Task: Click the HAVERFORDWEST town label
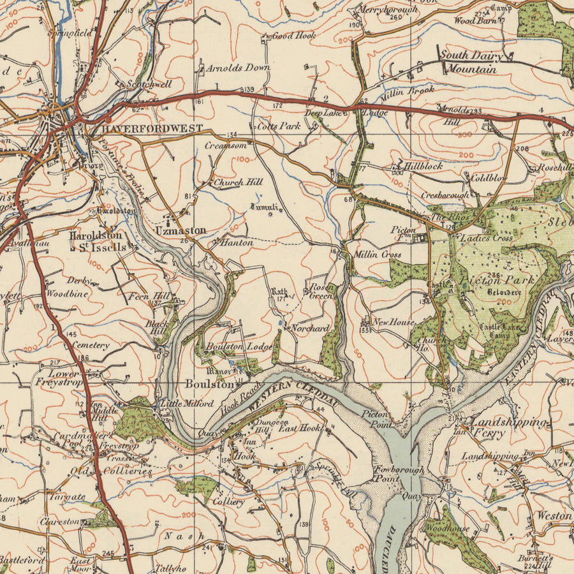pyautogui.click(x=152, y=128)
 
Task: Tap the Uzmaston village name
pyautogui.click(x=180, y=230)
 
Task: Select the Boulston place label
pyautogui.click(x=210, y=384)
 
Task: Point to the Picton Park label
pyautogui.click(x=494, y=280)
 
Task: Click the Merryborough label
pyautogui.click(x=388, y=10)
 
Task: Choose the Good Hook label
pyautogui.click(x=293, y=36)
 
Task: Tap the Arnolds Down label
pyautogui.click(x=238, y=68)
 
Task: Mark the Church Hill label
pyautogui.click(x=237, y=182)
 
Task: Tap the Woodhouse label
pyautogui.click(x=447, y=529)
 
